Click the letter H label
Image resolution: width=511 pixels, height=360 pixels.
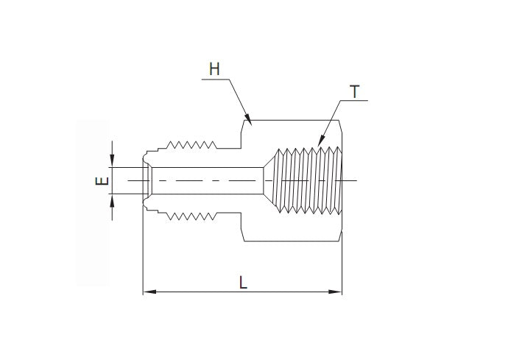(214, 69)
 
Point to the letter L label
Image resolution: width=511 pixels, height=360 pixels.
(242, 281)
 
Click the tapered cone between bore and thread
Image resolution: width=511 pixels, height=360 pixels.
(269, 180)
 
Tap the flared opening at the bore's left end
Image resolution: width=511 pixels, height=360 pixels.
(148, 180)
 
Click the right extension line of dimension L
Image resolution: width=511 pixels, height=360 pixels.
(342, 265)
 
